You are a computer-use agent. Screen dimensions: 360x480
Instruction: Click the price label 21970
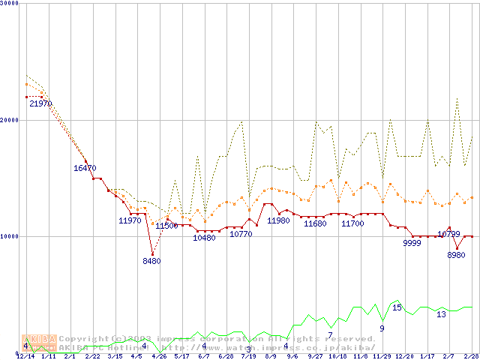40,103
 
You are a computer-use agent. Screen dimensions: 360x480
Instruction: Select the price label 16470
85,168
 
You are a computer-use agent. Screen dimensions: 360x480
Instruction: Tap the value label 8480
151,261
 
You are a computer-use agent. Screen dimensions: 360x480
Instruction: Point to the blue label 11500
166,226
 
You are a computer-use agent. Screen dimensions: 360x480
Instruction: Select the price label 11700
352,223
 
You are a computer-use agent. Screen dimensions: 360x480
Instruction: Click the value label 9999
412,244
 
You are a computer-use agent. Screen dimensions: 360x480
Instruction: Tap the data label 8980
456,255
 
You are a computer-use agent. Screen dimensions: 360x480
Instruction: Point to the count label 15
397,307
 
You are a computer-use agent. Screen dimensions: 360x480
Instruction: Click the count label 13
441,314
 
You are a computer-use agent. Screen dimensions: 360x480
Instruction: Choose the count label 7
330,334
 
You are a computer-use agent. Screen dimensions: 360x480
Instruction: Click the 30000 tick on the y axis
10,4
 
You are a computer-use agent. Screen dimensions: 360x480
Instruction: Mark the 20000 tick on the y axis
10,120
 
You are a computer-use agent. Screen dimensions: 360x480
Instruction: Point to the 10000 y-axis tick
10,236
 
